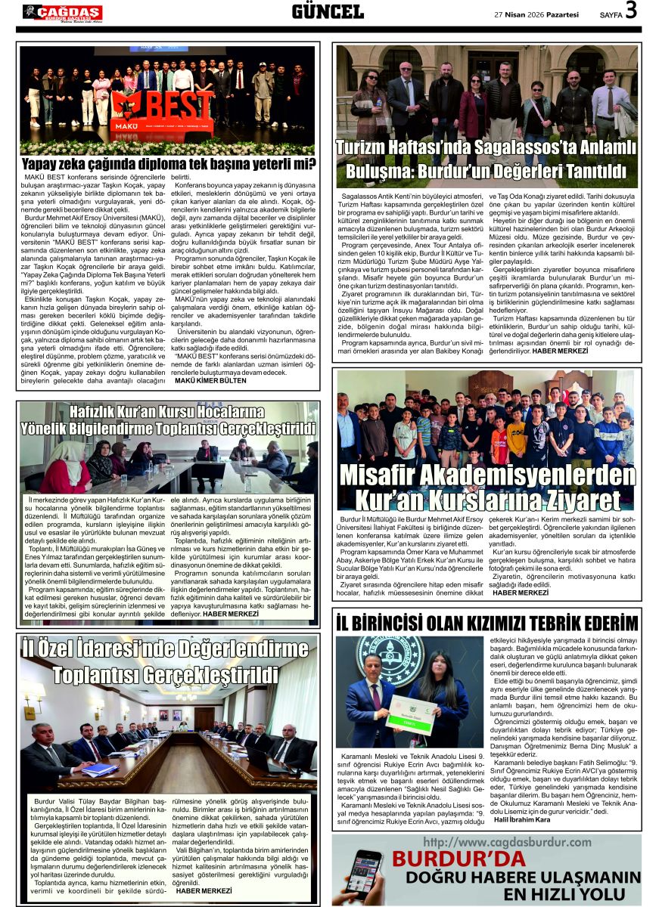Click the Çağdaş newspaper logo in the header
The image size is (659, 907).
(x=63, y=12)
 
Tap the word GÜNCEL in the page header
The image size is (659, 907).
(x=328, y=11)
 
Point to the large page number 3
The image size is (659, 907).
(x=631, y=11)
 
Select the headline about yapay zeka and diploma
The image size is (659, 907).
(x=168, y=164)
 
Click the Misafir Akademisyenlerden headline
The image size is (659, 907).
(x=486, y=488)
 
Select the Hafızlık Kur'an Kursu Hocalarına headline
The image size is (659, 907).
(x=168, y=420)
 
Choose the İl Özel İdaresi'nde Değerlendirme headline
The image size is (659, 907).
(x=168, y=661)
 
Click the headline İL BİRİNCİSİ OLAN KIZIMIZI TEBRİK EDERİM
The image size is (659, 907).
(x=486, y=623)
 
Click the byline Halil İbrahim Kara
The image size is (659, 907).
(x=521, y=819)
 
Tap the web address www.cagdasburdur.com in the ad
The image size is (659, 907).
(x=507, y=841)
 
